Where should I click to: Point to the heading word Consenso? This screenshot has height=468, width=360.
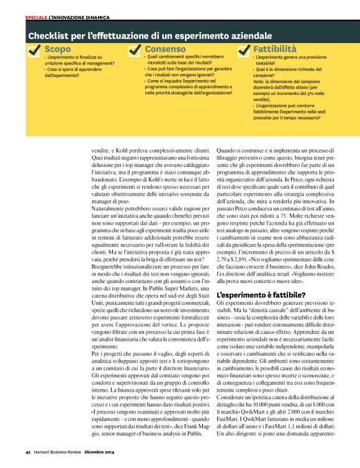click(165, 48)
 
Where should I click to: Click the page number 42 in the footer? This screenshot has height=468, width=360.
click(28, 460)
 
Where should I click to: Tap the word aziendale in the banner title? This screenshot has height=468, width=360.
click(246, 35)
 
